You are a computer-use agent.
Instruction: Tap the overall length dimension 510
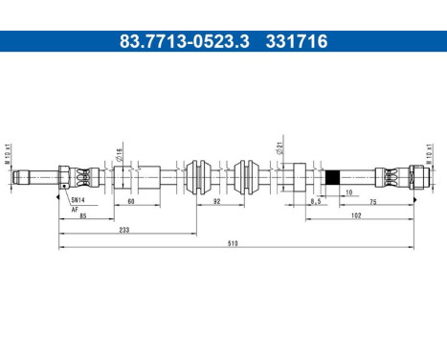tap(233, 244)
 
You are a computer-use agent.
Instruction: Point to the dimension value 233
tap(125, 231)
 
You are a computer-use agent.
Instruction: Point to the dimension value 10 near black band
tap(347, 191)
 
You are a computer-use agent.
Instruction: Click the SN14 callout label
tap(78, 200)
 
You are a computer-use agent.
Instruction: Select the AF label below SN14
tap(75, 208)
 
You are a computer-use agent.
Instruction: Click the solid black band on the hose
tap(334, 176)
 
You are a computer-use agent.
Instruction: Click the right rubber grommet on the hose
tap(247, 176)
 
